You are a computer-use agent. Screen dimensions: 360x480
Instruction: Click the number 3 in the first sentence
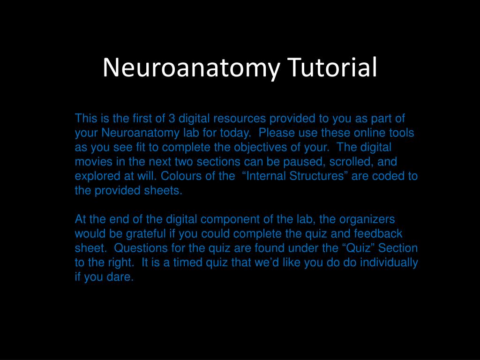pos(172,118)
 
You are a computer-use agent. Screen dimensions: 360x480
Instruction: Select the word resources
pos(241,118)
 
